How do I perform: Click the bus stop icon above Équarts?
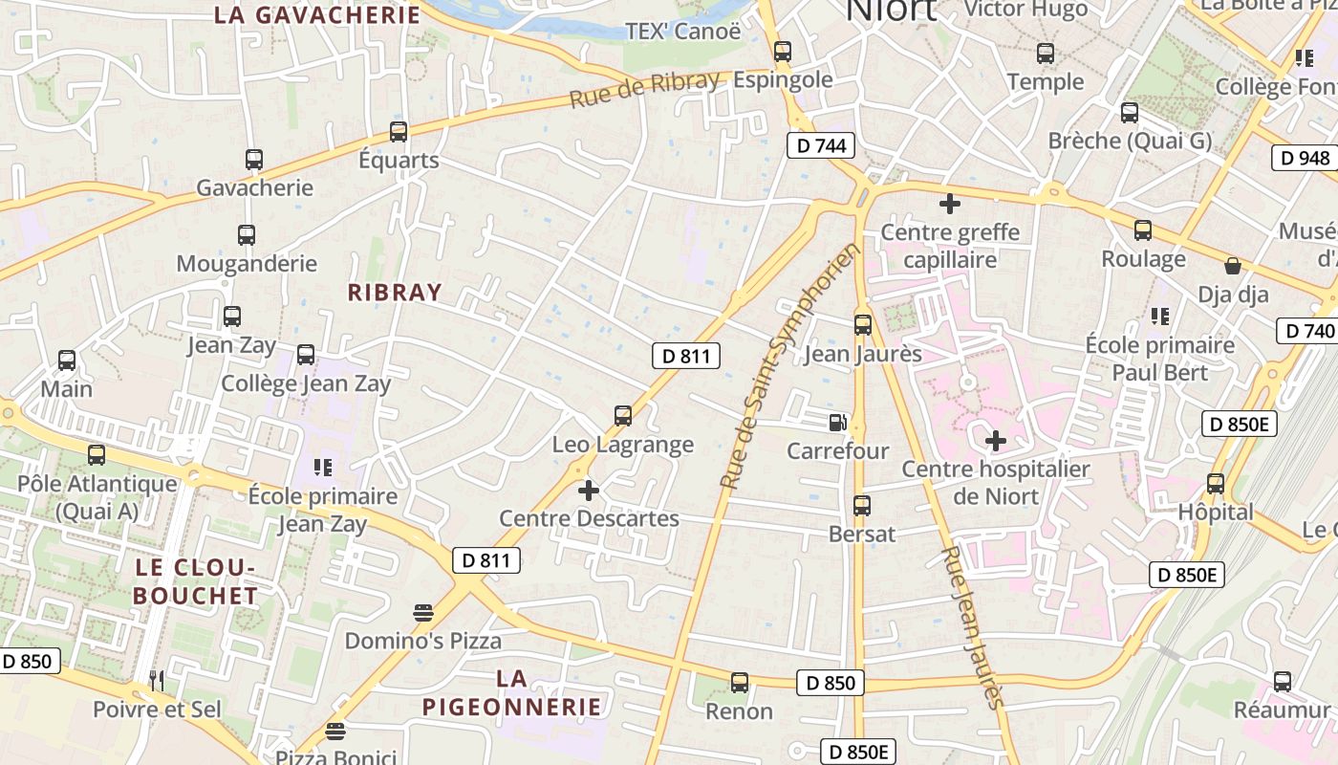coord(399,132)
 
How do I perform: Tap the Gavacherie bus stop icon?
coord(254,160)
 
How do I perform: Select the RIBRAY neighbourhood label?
coord(395,293)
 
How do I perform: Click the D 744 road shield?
coord(820,146)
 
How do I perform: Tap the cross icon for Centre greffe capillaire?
coord(950,204)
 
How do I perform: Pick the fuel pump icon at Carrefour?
coord(837,423)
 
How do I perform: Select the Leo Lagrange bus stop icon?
coord(623,416)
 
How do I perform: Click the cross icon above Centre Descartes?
coord(589,491)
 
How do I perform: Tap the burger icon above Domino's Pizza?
coord(423,612)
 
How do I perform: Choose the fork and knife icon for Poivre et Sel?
coord(158,681)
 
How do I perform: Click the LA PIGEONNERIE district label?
coord(512,693)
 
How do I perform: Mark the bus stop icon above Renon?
coord(740,683)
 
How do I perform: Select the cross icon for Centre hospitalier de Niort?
coord(996,441)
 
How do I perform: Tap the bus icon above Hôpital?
coord(1216,484)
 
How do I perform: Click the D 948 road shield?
coord(1304,158)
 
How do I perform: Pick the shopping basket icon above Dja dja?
coord(1233,266)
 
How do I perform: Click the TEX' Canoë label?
coord(682,32)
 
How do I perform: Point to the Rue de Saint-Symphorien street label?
coord(790,367)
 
